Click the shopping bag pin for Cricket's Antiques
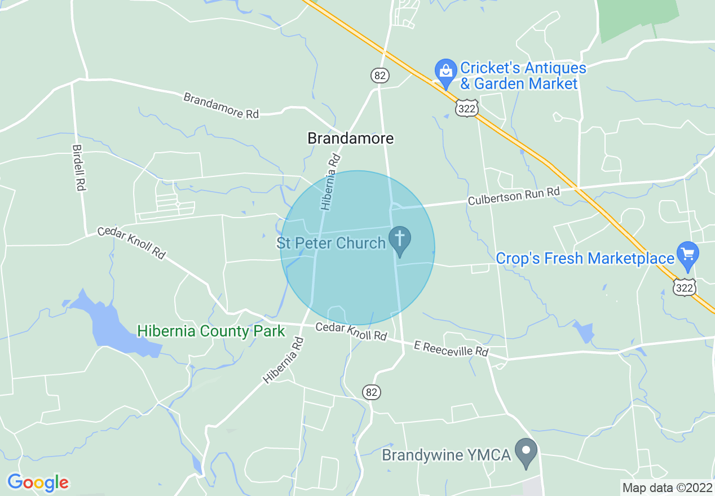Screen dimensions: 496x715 coord(445,72)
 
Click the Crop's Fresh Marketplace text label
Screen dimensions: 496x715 coord(585,259)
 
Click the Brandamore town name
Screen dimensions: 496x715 coord(350,138)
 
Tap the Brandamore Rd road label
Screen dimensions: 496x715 coord(221,105)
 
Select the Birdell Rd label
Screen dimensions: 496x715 coord(78,168)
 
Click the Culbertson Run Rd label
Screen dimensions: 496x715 coord(514,196)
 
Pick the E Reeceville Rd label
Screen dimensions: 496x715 coord(451,348)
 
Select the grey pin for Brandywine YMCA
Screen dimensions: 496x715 coord(527,451)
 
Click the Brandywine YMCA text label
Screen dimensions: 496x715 coord(447,455)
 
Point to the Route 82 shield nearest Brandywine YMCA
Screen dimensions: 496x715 coord(371,392)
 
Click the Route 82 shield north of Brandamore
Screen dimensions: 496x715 coord(380,75)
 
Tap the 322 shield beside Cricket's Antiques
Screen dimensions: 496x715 coord(467,109)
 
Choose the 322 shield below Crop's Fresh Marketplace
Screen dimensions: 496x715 coord(685,288)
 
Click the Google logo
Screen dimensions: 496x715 coord(38,483)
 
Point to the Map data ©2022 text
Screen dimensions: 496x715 coord(667,487)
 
